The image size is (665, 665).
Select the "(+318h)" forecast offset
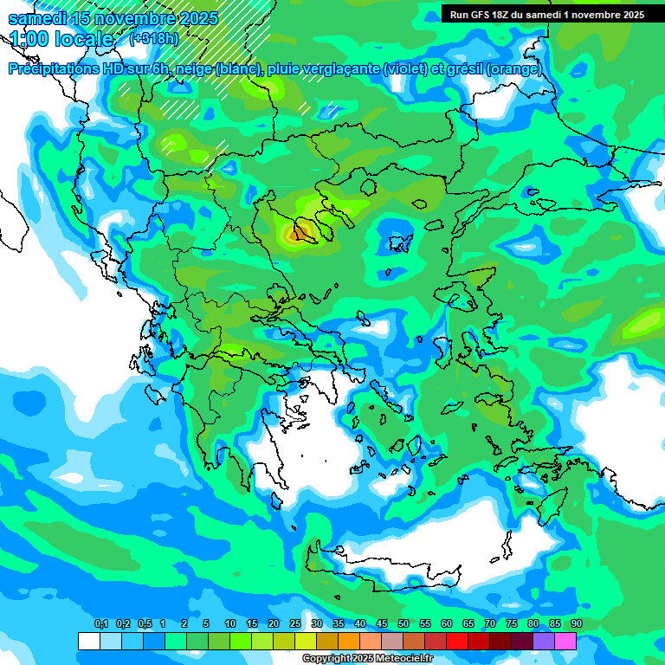point(154,39)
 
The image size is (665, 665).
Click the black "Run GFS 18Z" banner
point(547,15)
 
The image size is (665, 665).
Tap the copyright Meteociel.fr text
point(367,659)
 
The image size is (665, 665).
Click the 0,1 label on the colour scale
point(100,624)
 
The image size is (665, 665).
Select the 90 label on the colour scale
point(576,624)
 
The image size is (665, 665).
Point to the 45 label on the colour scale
point(382,624)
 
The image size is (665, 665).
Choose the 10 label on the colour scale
point(230,624)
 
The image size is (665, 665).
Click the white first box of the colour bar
point(88,641)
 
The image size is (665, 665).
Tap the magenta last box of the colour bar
point(565,641)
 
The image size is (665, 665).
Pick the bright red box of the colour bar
point(457,641)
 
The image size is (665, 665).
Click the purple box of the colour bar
point(544,641)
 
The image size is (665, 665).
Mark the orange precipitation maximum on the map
point(299,232)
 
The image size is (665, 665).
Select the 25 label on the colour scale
point(295,624)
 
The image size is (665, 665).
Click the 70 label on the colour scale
point(490,624)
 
